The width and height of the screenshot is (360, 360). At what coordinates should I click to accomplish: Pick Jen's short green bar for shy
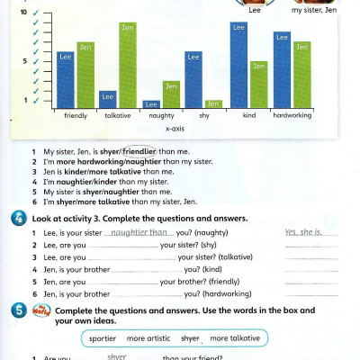212,104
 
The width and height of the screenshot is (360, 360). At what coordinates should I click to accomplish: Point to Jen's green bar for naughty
171,94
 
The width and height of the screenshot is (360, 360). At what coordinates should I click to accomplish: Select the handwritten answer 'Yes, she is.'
303,231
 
